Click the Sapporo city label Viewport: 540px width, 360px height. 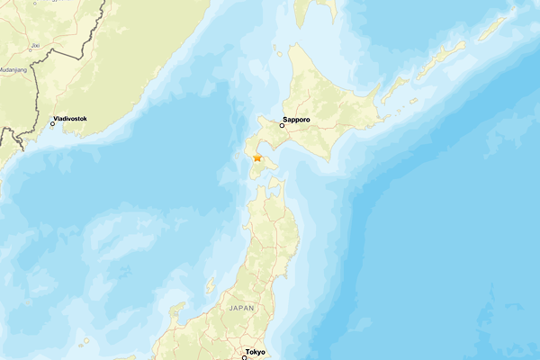click(296, 119)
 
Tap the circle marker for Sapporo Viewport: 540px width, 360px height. click(282, 126)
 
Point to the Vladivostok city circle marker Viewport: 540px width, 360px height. click(52, 123)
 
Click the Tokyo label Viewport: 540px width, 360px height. click(256, 351)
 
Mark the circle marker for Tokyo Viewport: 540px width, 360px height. click(244, 357)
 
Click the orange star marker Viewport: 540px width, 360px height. click(257, 157)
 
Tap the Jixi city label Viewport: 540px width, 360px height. click(34, 42)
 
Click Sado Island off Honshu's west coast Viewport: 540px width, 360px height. click(210, 285)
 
